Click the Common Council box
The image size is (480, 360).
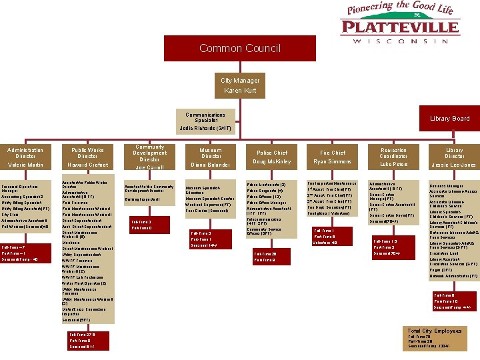[239, 48]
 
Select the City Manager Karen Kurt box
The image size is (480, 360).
[240, 85]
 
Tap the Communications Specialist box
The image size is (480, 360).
[205, 118]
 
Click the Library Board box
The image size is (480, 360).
[449, 119]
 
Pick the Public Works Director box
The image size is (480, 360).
[88, 157]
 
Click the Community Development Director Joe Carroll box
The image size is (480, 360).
[149, 157]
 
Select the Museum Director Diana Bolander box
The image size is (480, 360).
[211, 157]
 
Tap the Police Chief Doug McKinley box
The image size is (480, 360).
[271, 157]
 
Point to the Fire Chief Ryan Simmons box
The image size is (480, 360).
[333, 157]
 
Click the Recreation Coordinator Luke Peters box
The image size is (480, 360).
[393, 157]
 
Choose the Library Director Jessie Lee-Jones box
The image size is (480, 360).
[455, 157]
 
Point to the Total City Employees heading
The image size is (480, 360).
[434, 331]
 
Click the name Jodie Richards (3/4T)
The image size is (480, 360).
[205, 127]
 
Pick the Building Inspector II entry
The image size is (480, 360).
[141, 199]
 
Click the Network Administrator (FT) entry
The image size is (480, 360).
[453, 275]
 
